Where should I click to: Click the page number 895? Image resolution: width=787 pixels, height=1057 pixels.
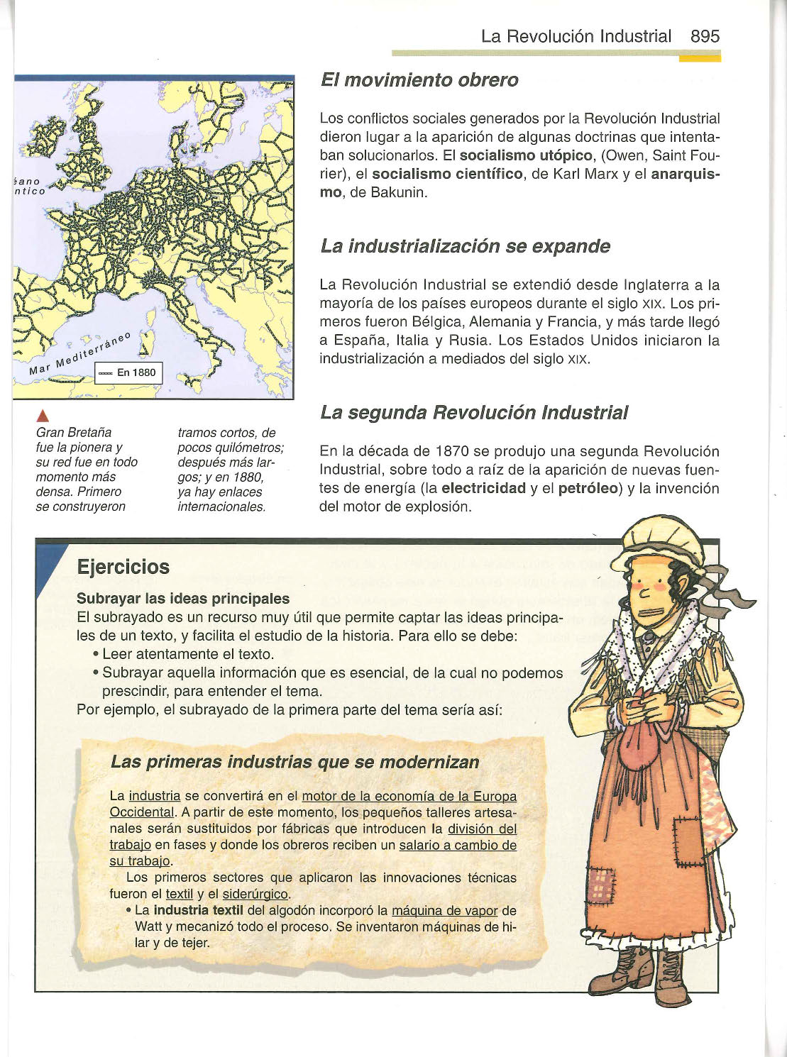pyautogui.click(x=704, y=36)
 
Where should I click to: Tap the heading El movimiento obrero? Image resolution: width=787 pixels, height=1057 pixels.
pyautogui.click(x=419, y=80)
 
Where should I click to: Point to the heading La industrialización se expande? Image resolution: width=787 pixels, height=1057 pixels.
pyautogui.click(x=465, y=246)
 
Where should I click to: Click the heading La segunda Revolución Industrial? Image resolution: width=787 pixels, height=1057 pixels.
pyautogui.click(x=473, y=412)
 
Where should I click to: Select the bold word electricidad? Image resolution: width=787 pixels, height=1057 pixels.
pyautogui.click(x=483, y=489)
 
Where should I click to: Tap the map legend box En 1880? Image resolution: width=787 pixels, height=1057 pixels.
pyautogui.click(x=129, y=372)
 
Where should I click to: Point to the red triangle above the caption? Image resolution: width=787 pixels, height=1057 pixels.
pyautogui.click(x=43, y=416)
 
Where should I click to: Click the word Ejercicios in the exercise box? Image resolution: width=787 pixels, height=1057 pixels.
pyautogui.click(x=123, y=567)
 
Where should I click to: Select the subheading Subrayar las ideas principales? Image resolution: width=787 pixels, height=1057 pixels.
pyautogui.click(x=183, y=599)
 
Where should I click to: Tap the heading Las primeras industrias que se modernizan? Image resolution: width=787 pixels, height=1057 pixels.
pyautogui.click(x=295, y=762)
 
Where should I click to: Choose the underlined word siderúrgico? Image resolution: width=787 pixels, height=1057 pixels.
pyautogui.click(x=255, y=894)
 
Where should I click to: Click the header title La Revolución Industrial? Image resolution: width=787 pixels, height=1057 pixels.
pyautogui.click(x=576, y=36)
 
